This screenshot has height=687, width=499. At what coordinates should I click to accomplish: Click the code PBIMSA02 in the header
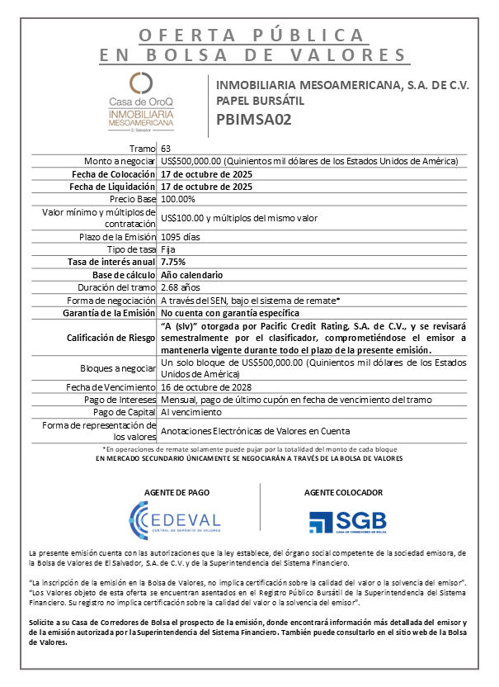point(254,119)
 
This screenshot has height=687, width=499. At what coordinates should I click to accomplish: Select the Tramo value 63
point(166,148)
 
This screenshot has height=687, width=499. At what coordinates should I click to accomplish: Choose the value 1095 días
point(182,237)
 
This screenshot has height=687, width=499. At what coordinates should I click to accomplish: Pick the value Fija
point(168,249)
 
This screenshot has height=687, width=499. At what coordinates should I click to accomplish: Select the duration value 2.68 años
point(181,287)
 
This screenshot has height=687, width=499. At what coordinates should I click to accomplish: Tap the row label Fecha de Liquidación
point(113,187)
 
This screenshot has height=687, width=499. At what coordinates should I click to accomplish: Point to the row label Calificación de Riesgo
point(111,338)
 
